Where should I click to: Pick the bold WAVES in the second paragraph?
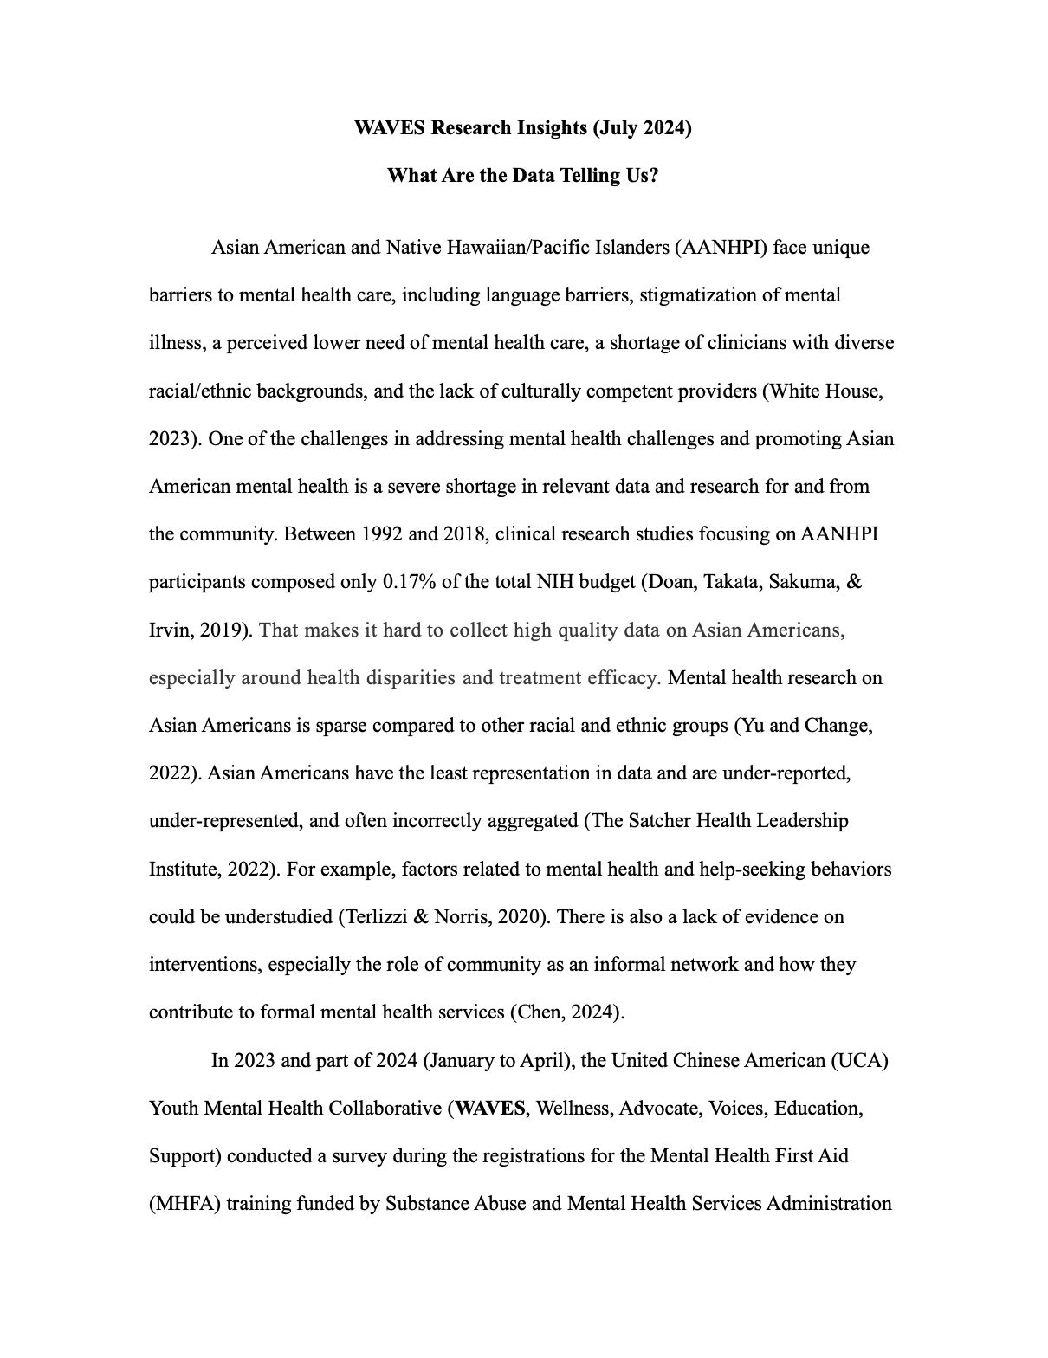pyautogui.click(x=489, y=1109)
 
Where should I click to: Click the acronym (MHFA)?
pyautogui.click(x=187, y=1204)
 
